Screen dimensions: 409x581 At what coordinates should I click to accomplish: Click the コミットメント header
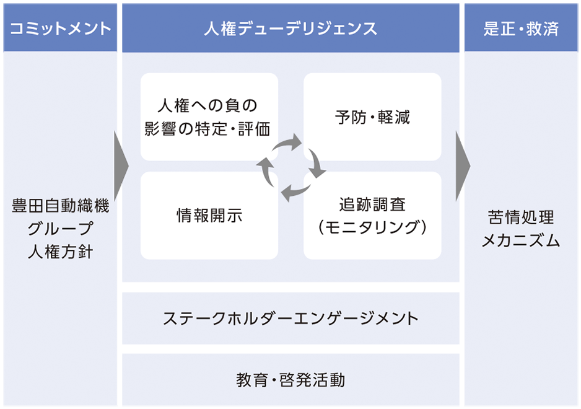coord(60,29)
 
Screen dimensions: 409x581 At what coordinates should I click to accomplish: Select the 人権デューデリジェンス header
coord(290,29)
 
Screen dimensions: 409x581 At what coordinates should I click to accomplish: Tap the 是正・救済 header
coord(521,29)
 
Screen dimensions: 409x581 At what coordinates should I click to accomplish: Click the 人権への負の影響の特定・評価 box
coord(209,117)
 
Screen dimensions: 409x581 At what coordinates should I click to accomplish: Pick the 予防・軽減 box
coord(372,117)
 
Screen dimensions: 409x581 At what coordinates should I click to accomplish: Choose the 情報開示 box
coord(209,216)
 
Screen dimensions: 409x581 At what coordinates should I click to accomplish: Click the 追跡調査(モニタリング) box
coord(372,216)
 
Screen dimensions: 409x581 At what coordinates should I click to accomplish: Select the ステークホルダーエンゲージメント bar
coord(290,319)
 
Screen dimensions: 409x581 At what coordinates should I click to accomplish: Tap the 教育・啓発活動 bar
coord(290,380)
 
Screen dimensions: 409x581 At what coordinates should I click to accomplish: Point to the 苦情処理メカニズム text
coord(521,228)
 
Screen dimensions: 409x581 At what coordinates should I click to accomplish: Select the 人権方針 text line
coord(60,252)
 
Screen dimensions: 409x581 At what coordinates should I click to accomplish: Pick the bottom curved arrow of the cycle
coord(296,190)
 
